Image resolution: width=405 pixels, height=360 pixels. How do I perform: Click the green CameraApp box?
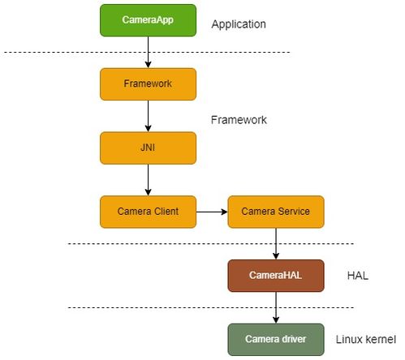coord(148,20)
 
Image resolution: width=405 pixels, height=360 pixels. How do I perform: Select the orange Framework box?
coord(148,84)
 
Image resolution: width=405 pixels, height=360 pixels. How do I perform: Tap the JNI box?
coord(148,148)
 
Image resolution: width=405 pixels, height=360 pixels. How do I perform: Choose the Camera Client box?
coord(148,212)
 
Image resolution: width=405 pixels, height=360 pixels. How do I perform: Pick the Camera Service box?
coord(276,212)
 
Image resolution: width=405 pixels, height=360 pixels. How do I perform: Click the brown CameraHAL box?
coord(276,276)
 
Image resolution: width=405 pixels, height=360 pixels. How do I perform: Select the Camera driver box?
coord(276,340)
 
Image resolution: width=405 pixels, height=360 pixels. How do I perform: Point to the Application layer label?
coord(239,24)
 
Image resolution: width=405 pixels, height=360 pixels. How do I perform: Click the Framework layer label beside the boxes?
coord(239,120)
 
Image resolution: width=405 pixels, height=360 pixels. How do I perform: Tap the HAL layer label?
coord(358,276)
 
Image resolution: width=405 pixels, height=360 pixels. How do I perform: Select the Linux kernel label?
coord(366,340)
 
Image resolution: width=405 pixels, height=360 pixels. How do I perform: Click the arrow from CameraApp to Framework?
coord(148,52)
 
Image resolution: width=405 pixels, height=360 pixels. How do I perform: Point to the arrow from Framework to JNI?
coord(148,116)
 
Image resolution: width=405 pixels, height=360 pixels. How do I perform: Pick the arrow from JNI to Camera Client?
coord(148,180)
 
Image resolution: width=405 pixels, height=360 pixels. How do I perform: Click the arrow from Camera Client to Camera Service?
coord(212,212)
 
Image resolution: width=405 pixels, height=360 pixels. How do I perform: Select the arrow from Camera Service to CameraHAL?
coord(276,244)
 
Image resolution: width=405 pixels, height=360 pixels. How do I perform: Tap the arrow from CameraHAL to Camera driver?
coord(276,307)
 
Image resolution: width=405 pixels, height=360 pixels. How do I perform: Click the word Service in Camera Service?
coord(294,212)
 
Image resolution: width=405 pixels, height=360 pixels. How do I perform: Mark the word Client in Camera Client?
coord(166,212)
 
